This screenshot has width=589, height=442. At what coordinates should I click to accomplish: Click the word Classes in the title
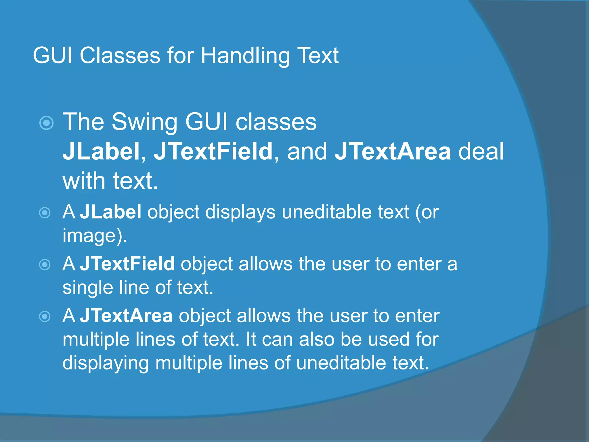coord(120,56)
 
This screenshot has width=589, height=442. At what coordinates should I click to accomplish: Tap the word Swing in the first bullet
coord(144,122)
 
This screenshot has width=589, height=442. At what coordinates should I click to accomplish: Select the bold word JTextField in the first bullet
coord(213,151)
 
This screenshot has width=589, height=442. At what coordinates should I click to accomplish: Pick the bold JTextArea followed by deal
coord(393,151)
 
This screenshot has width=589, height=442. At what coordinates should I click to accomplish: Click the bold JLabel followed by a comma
coord(101,151)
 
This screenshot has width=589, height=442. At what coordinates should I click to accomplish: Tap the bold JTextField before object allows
coord(127,264)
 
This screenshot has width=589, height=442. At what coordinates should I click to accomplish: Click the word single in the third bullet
coord(87,287)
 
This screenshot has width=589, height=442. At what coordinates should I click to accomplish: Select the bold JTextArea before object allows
coord(126,316)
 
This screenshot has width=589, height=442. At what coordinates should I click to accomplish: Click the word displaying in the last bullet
coord(106,363)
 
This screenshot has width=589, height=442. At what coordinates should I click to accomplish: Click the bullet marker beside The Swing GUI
coord(46,123)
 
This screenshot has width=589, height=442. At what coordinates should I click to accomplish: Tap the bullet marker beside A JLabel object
coord(45,213)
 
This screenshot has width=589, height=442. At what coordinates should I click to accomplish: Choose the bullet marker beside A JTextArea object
coord(45,317)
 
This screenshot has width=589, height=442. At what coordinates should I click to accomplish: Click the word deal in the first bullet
coord(481,151)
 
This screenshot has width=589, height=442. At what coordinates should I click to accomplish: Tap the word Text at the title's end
coord(318,56)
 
